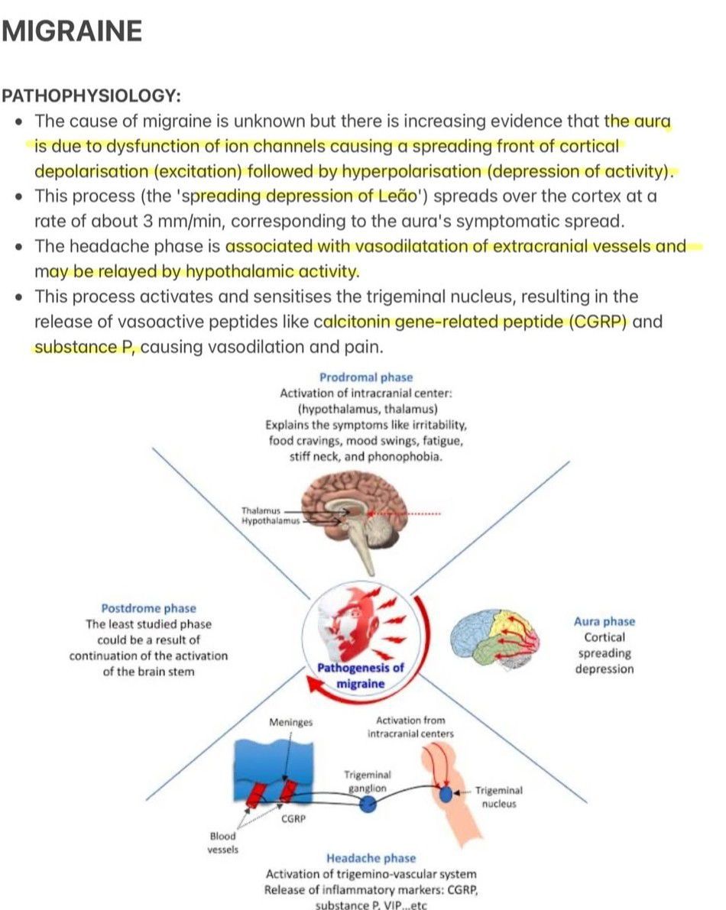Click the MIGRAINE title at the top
click(x=72, y=31)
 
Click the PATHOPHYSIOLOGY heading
click(x=91, y=96)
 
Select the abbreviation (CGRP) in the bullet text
click(x=598, y=321)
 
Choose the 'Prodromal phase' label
click(x=365, y=377)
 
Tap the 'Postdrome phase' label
click(x=148, y=608)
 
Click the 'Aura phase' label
click(x=604, y=621)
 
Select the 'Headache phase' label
click(x=371, y=858)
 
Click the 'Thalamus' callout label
click(x=261, y=510)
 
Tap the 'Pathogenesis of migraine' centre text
click(x=361, y=675)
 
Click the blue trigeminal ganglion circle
click(x=368, y=804)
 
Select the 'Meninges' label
click(x=291, y=721)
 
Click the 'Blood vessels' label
click(x=222, y=843)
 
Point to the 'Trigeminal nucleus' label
click(x=499, y=797)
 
